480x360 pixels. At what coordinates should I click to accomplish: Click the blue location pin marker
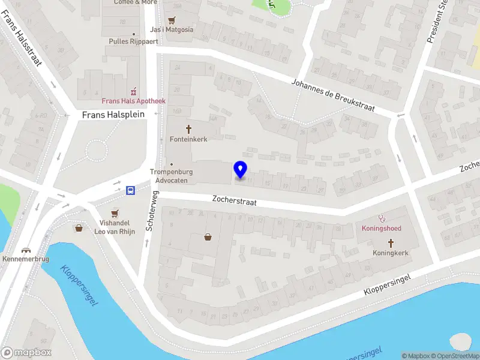240,170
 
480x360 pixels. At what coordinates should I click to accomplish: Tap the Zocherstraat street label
235,201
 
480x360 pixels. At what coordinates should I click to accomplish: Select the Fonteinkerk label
188,139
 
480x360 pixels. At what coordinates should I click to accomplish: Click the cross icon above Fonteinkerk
188,129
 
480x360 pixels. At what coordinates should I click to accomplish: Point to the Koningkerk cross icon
391,243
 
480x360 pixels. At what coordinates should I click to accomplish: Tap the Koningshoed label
381,229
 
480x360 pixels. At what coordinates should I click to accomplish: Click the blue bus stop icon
130,191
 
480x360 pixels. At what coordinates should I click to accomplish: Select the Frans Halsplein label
113,114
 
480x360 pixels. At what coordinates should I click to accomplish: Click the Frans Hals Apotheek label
133,101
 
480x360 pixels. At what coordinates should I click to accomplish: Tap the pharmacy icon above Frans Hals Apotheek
134,91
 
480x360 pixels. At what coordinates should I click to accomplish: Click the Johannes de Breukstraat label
333,95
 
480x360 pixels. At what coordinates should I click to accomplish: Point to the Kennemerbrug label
26,260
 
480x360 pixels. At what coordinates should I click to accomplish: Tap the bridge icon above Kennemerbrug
26,250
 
